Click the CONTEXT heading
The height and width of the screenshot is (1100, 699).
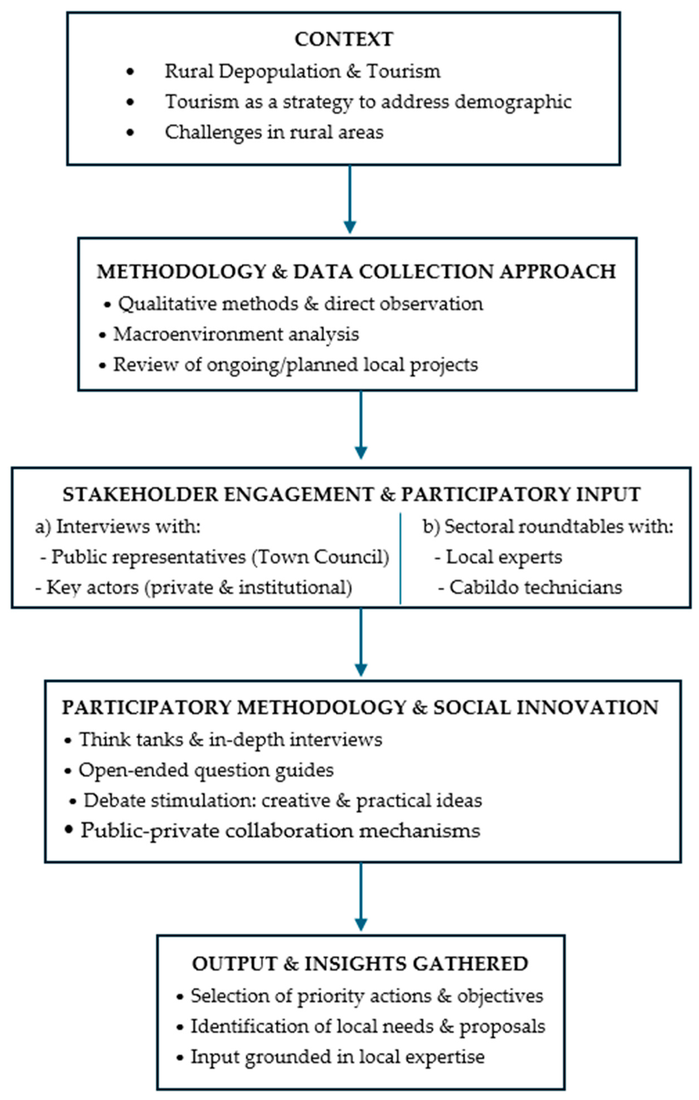[343, 39]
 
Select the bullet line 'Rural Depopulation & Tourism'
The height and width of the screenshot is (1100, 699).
[302, 71]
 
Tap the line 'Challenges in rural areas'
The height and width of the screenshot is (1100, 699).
[274, 133]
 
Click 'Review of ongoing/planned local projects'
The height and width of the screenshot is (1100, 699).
[295, 364]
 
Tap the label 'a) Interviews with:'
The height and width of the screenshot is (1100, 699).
[118, 526]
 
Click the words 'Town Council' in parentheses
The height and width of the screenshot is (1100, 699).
[319, 557]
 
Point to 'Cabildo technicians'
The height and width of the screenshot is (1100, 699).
[535, 587]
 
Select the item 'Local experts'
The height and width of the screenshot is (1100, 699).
[503, 557]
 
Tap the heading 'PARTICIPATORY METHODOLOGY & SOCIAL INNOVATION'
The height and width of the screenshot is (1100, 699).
[360, 708]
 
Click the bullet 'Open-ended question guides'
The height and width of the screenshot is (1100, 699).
[206, 770]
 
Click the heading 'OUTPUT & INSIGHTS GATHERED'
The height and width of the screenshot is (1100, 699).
[360, 964]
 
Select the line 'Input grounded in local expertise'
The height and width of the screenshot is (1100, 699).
[337, 1057]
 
